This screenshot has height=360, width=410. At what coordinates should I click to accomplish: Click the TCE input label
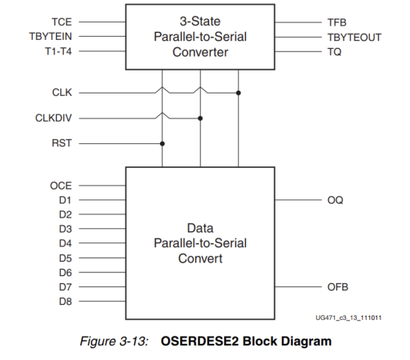point(61,22)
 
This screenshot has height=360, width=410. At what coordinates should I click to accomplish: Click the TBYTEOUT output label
point(354,37)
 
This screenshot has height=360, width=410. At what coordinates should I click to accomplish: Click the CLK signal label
point(62,93)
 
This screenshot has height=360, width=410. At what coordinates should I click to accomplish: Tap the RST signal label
point(62,144)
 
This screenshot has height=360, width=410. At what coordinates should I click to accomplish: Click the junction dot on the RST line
point(163,144)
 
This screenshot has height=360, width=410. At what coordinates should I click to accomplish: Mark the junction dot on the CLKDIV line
point(200,118)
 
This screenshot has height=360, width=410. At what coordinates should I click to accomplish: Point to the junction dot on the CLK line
point(239,93)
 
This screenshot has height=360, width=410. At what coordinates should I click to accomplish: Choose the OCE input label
point(61,186)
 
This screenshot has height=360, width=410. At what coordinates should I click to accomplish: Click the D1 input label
point(66,200)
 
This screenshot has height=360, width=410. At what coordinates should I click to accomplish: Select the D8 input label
point(66,301)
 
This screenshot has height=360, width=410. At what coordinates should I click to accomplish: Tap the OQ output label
point(336,200)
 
